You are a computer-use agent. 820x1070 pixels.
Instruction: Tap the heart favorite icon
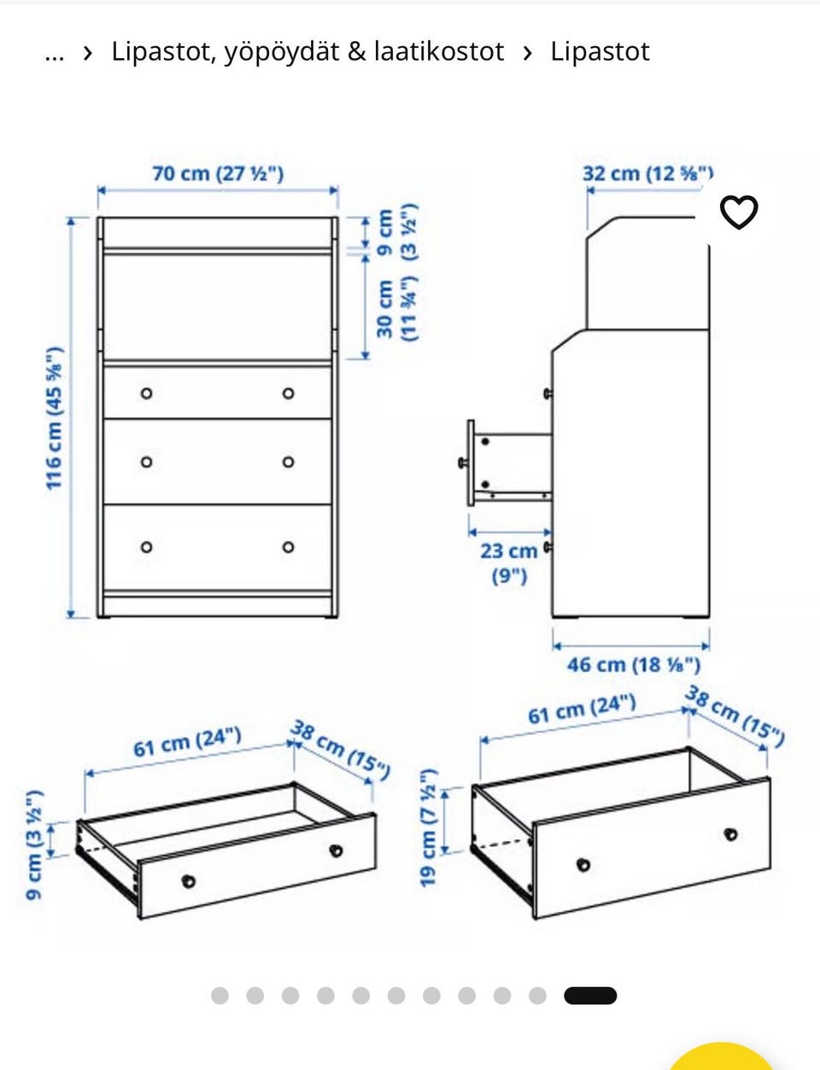[739, 213]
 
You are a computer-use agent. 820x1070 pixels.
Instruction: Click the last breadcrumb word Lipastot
[600, 51]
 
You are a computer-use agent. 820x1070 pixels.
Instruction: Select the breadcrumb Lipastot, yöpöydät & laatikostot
[307, 52]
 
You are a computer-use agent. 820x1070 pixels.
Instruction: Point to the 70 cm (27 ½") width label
[218, 174]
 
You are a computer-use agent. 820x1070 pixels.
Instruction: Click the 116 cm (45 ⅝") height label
[55, 418]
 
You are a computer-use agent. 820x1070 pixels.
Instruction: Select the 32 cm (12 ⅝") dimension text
[647, 174]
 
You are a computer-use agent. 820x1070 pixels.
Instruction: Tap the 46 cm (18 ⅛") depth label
[633, 664]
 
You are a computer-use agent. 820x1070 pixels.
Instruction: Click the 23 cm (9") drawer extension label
[509, 564]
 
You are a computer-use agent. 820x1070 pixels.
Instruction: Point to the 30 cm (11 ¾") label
[397, 309]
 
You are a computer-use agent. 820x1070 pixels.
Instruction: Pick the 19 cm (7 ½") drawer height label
[429, 827]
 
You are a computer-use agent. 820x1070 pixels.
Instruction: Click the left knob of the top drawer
[146, 393]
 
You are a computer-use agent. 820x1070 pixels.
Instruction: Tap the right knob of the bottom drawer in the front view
[288, 547]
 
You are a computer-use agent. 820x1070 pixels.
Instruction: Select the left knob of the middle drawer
[146, 462]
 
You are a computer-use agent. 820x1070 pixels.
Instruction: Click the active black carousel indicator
[590, 995]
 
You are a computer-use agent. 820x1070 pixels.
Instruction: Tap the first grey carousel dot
[220, 995]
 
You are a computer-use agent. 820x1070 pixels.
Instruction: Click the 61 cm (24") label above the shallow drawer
[187, 743]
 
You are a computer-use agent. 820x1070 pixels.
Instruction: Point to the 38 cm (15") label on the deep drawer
[735, 716]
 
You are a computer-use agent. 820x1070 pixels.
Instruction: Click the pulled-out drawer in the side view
[509, 463]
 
